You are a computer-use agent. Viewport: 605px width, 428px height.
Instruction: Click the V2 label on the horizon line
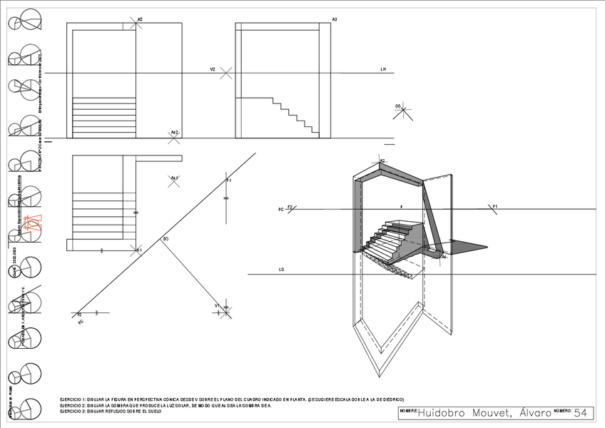[x=213, y=69]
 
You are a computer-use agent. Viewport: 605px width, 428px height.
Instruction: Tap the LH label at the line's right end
[x=383, y=69]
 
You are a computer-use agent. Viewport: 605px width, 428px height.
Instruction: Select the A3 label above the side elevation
[x=335, y=19]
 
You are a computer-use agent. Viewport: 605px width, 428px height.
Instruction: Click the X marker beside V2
[x=226, y=73]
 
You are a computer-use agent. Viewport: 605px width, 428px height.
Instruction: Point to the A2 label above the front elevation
[x=140, y=19]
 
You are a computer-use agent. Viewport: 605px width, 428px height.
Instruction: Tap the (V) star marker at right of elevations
[x=403, y=111]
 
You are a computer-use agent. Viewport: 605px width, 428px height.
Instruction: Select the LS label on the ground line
[x=282, y=270]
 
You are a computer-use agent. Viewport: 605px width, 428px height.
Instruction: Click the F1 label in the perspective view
[x=494, y=206]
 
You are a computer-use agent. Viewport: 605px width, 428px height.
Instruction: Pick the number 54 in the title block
[x=581, y=413]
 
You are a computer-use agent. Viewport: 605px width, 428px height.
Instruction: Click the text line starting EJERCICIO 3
[x=111, y=412]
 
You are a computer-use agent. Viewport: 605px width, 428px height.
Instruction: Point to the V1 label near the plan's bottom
[x=218, y=305]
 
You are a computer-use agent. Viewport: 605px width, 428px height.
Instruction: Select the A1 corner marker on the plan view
[x=139, y=249]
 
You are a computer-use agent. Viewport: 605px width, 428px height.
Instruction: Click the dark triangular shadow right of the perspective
[x=467, y=246]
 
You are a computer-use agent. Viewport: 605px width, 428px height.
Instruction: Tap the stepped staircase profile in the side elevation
[x=293, y=114]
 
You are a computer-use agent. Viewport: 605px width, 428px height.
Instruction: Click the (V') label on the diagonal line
[x=166, y=238]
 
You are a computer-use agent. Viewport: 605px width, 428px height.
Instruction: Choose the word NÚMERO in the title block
[x=561, y=411]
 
